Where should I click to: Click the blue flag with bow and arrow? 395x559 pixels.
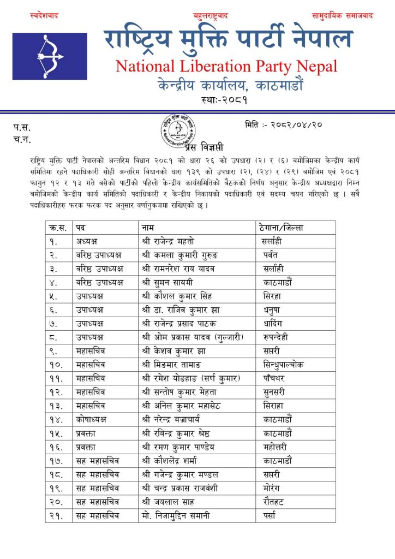50,57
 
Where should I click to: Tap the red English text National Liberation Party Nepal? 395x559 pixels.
226,67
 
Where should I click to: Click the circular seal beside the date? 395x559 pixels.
178,130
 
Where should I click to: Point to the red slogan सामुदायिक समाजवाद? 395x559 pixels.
342,16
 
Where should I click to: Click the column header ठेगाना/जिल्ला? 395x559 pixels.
279,227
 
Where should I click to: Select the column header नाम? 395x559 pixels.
148,227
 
